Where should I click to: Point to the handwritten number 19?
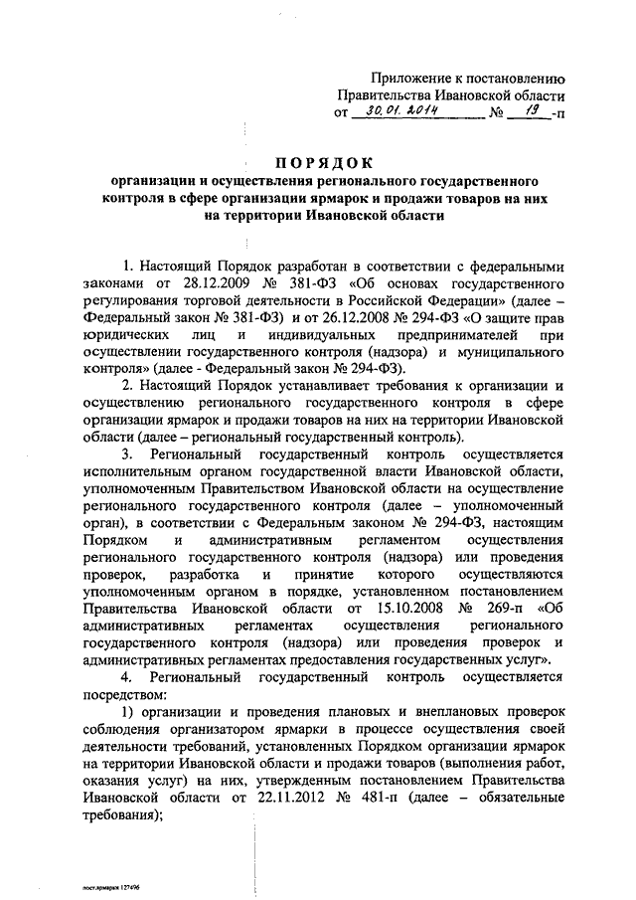[x=526, y=112]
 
